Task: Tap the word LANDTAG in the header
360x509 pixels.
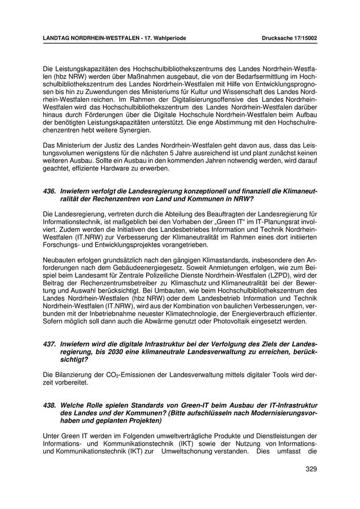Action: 58,38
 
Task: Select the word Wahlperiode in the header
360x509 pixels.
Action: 168,38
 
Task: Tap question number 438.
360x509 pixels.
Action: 50,405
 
